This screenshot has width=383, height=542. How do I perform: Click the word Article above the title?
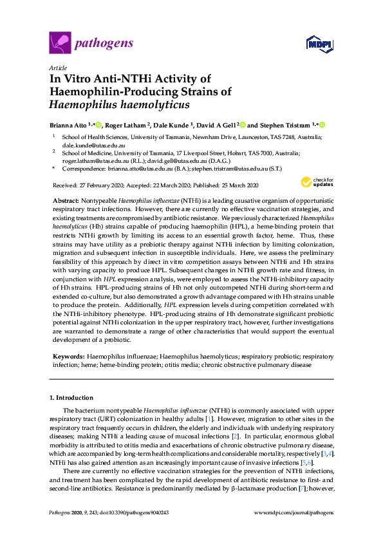pos(57,68)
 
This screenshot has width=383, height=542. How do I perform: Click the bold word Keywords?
pos(68,356)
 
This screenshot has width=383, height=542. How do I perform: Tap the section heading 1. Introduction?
pos(71,398)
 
